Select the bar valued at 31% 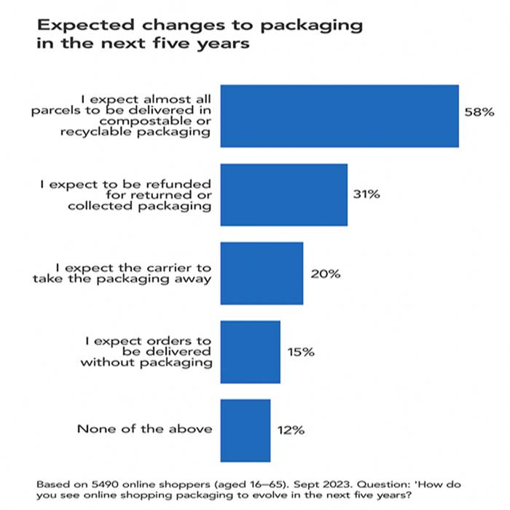(283, 195)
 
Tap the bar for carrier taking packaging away (261, 273)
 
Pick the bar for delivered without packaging (250, 351)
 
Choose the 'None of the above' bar (245, 430)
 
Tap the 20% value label (324, 273)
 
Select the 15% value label (300, 351)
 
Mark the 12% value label (290, 429)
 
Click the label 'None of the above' (144, 428)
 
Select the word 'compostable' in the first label (158, 122)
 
